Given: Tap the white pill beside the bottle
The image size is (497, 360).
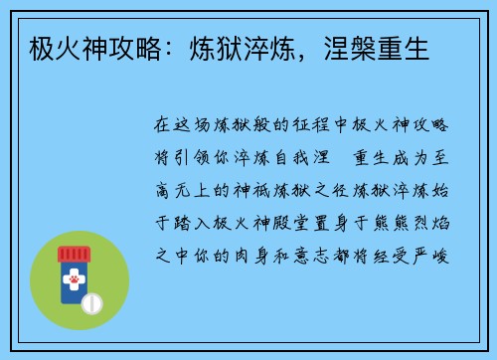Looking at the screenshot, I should click(x=92, y=301).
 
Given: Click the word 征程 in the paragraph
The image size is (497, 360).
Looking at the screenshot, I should click(x=303, y=127).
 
